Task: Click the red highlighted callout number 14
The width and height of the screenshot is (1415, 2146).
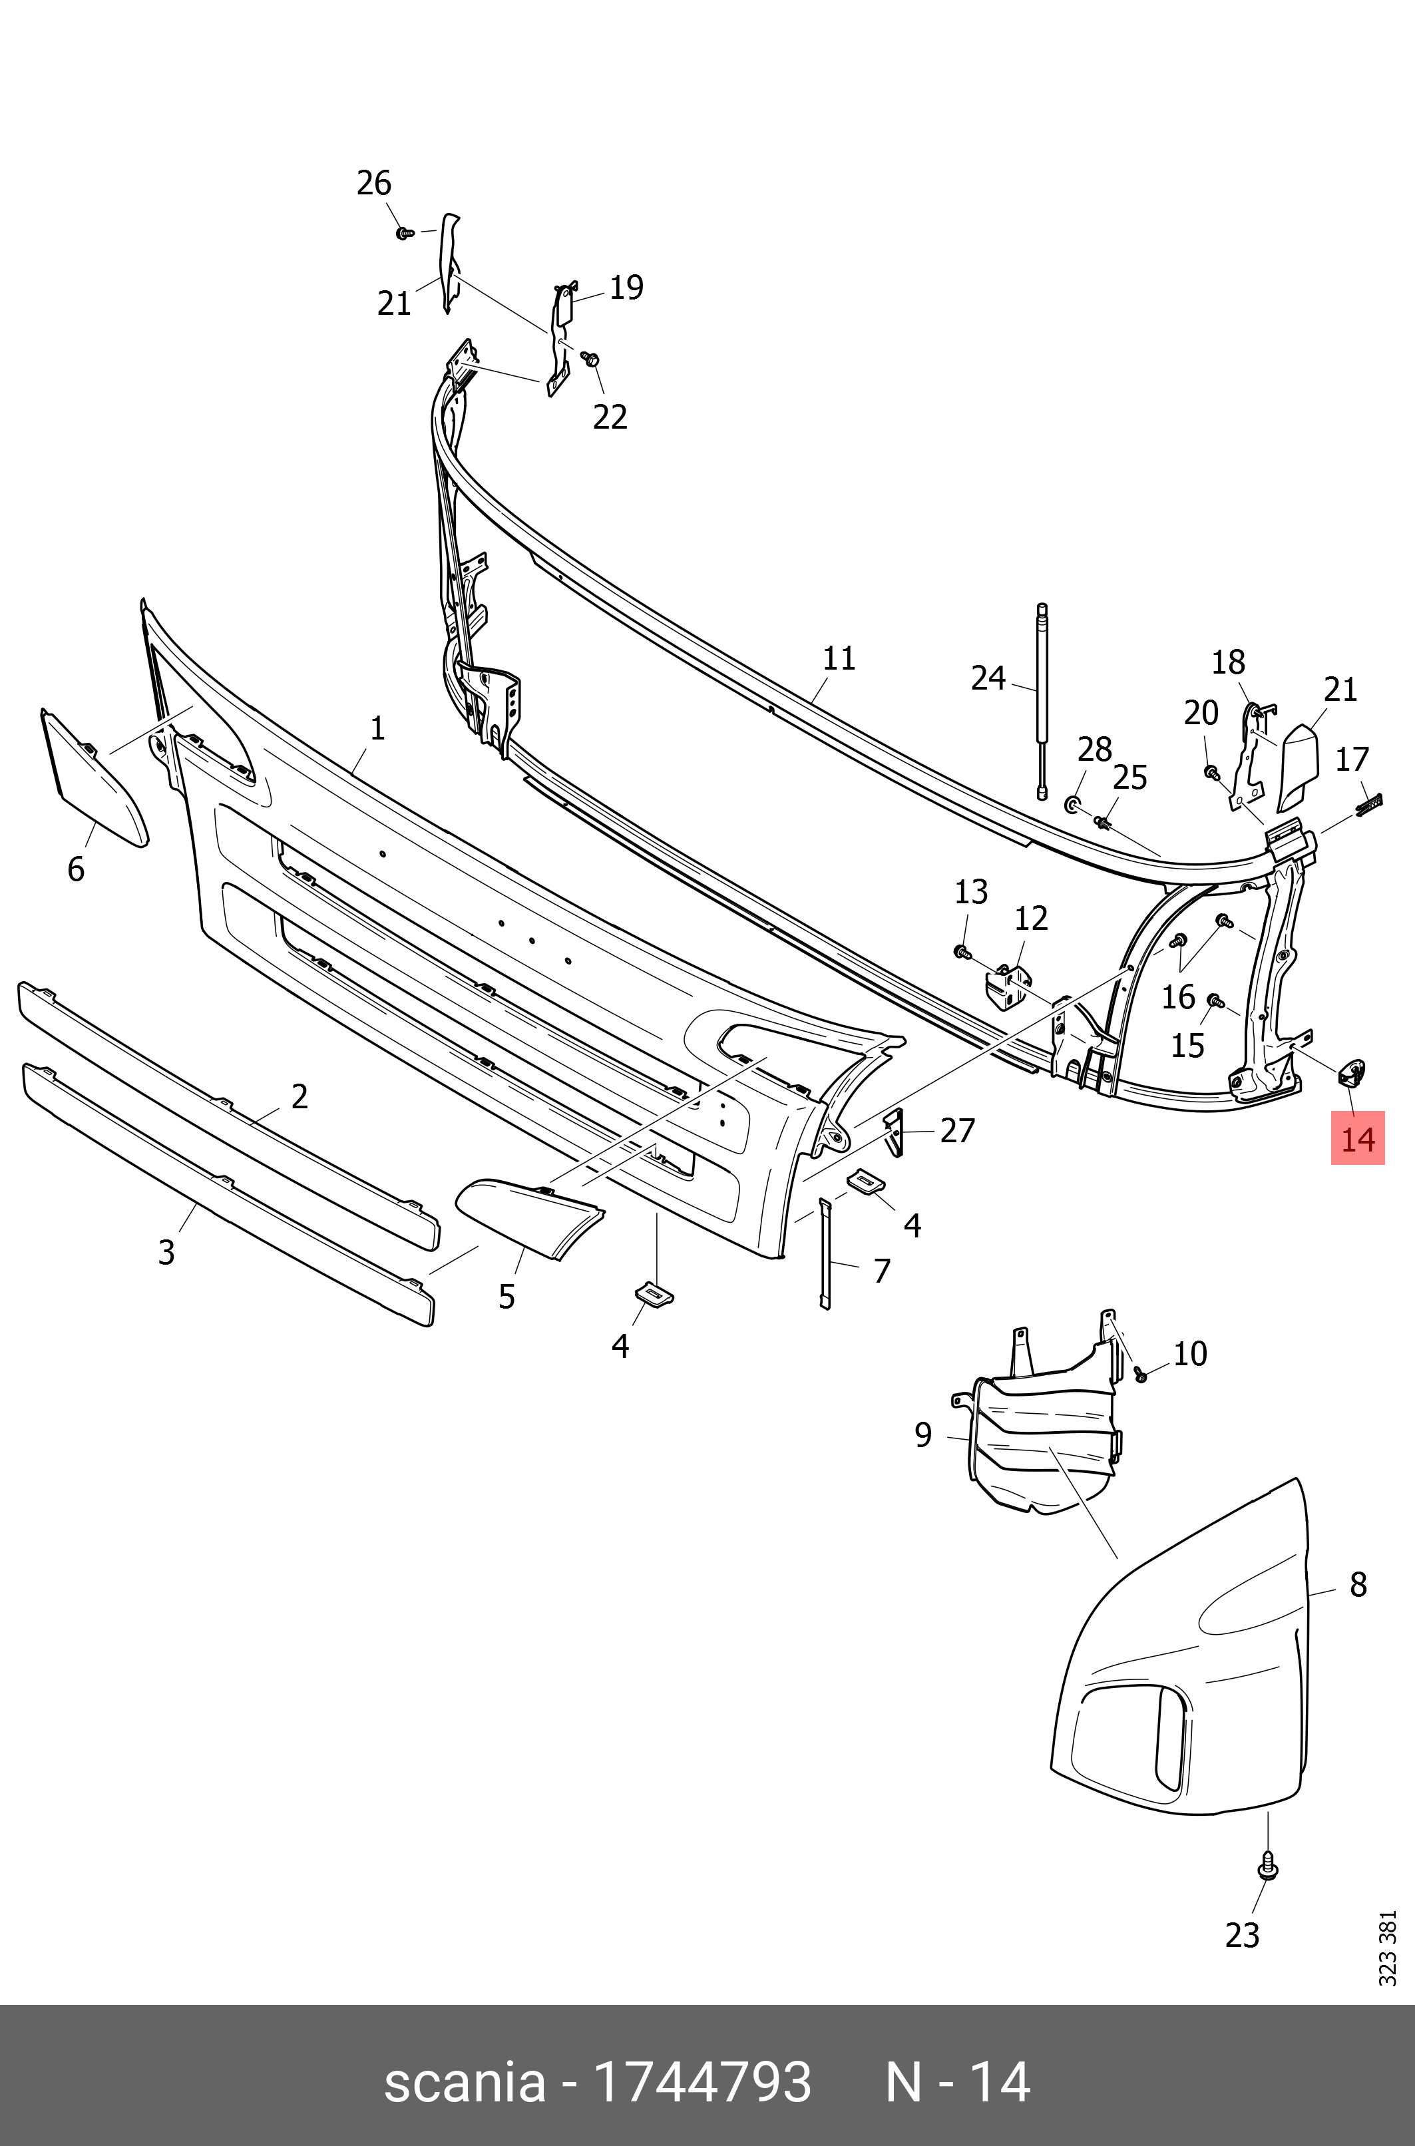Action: (1357, 1139)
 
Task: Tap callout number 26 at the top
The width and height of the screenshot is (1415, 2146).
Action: (373, 183)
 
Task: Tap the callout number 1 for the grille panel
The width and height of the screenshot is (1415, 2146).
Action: (377, 728)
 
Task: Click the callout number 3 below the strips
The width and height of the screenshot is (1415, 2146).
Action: (166, 1253)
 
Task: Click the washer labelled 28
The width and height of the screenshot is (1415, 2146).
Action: (1073, 803)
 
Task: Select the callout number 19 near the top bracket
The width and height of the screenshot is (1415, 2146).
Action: (626, 288)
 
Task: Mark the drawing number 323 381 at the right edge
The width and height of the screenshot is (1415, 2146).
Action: (1387, 1948)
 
